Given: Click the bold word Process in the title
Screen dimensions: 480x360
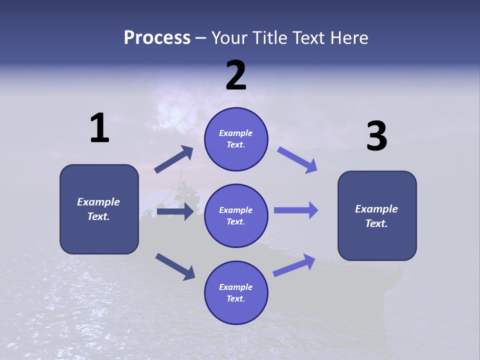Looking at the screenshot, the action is [x=157, y=37].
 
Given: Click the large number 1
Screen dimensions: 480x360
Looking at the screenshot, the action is [x=99, y=127].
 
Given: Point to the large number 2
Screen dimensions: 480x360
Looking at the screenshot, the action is [x=236, y=75].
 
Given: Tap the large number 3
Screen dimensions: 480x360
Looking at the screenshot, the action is [x=377, y=135].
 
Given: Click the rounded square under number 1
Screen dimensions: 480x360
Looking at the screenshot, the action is [x=99, y=209].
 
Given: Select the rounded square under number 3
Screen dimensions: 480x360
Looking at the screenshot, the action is [x=377, y=216].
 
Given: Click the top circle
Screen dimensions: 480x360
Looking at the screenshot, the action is [x=236, y=139].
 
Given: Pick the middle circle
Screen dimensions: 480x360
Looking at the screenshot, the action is [x=236, y=216].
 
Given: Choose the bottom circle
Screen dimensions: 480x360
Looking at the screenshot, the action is [x=236, y=292].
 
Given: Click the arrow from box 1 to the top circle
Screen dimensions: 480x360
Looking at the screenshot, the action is [x=174, y=159].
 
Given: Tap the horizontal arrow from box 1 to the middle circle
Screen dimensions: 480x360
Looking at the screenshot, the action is [x=175, y=211].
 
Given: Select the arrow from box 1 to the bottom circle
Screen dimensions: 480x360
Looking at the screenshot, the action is [x=175, y=267].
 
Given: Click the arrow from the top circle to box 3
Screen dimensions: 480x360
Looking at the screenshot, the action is [x=297, y=160].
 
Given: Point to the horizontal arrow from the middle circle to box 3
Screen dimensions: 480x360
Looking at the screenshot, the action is [x=296, y=210].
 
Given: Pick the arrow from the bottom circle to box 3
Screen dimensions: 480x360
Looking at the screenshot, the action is [x=294, y=265].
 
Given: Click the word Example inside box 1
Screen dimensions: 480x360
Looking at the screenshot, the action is [x=98, y=202].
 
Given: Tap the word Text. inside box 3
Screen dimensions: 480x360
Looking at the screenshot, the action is [x=376, y=223].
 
